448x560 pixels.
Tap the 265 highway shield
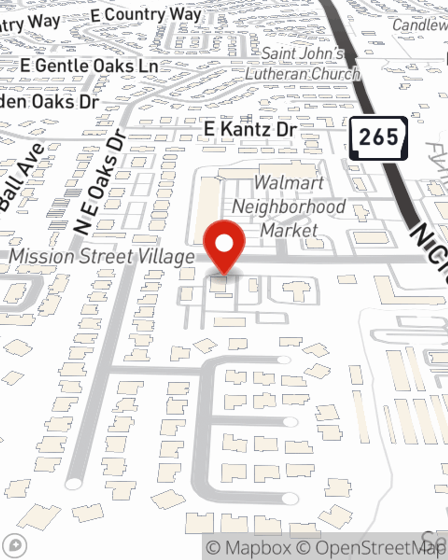click(x=379, y=138)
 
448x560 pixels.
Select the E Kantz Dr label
click(x=250, y=129)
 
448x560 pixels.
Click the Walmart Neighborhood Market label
click(x=289, y=207)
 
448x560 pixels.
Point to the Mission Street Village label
click(x=102, y=257)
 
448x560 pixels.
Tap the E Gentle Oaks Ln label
click(x=89, y=66)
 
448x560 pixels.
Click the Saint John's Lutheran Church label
click(x=303, y=64)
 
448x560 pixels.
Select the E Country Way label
click(x=146, y=15)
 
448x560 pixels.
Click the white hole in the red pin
click(x=224, y=244)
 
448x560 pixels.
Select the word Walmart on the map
click(x=289, y=183)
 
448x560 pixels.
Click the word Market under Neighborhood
click(x=289, y=230)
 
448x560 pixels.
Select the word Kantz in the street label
click(x=246, y=129)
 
